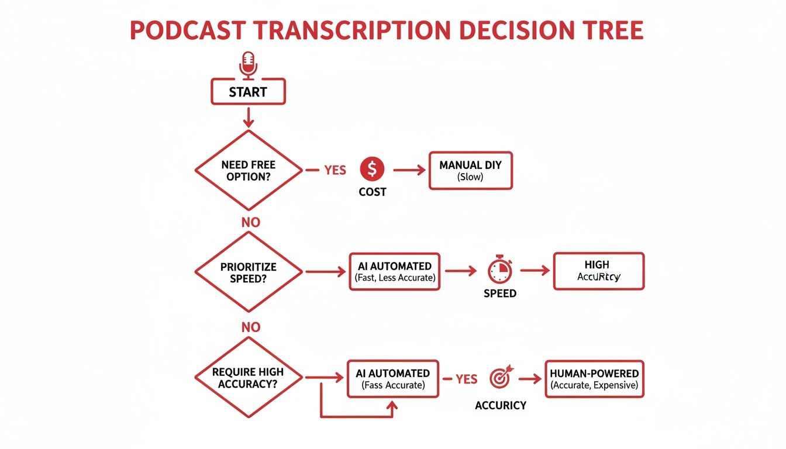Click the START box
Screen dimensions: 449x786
click(248, 92)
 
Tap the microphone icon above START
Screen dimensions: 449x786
click(249, 64)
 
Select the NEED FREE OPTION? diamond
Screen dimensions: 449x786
click(249, 170)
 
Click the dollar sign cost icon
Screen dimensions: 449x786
click(372, 170)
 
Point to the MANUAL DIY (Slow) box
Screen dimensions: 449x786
click(470, 170)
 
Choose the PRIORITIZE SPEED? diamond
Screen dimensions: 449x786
click(249, 272)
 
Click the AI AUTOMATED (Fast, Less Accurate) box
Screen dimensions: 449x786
click(395, 272)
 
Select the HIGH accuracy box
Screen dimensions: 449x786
click(598, 271)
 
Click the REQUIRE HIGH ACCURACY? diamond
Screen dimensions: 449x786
click(249, 378)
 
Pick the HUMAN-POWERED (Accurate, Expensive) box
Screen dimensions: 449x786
click(594, 379)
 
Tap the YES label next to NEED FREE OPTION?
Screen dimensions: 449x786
click(335, 170)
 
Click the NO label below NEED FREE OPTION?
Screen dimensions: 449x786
click(250, 222)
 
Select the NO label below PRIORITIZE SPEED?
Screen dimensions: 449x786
click(250, 327)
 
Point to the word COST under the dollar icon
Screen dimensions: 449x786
click(372, 192)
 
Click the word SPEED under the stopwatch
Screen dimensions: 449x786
click(500, 293)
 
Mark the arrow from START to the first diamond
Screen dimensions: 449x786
click(249, 116)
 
